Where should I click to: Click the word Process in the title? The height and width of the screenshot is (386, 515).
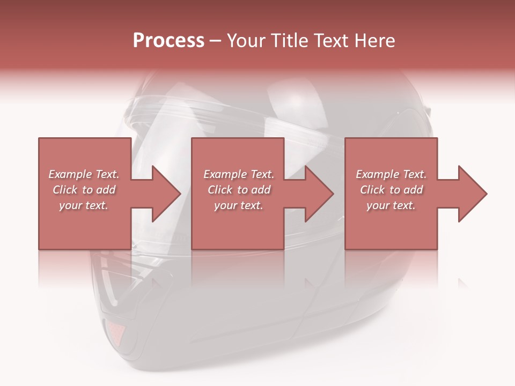coord(168,41)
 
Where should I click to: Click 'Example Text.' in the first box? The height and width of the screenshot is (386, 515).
coord(84,174)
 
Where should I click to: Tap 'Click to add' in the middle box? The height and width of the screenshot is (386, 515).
coord(239,190)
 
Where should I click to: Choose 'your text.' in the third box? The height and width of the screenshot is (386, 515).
coord(391,205)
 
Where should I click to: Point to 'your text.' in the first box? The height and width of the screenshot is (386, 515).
coord(84,205)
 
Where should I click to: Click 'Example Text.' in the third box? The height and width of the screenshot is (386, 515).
coord(391,174)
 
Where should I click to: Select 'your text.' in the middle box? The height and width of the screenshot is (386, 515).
coord(239,205)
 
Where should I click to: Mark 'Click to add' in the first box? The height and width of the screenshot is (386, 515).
coord(84,190)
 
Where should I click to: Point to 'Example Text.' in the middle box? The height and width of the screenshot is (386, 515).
coord(239,174)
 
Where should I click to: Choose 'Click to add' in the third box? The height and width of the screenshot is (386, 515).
coord(391,190)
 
